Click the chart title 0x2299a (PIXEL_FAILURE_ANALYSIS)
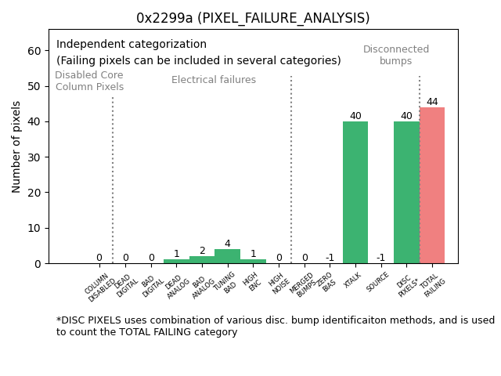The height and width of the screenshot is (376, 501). click(253, 18)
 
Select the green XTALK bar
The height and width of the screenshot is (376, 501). click(355, 192)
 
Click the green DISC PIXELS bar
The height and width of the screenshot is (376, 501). click(406, 192)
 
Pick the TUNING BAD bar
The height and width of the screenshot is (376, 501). click(227, 256)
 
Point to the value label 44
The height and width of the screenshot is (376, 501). click(432, 102)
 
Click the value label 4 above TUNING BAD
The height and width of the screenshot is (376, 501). click(227, 244)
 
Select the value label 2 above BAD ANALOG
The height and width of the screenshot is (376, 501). click(202, 251)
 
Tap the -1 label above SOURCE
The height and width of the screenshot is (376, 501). click(380, 258)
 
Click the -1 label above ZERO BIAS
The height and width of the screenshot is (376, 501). click(330, 258)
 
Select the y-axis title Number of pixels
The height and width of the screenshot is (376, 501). click(16, 146)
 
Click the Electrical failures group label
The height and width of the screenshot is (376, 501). click(214, 80)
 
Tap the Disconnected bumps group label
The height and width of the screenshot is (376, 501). click(396, 55)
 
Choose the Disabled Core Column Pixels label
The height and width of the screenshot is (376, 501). click(89, 81)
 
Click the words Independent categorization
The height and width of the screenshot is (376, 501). click(132, 45)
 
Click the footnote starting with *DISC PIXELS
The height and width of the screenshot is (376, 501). click(275, 326)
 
